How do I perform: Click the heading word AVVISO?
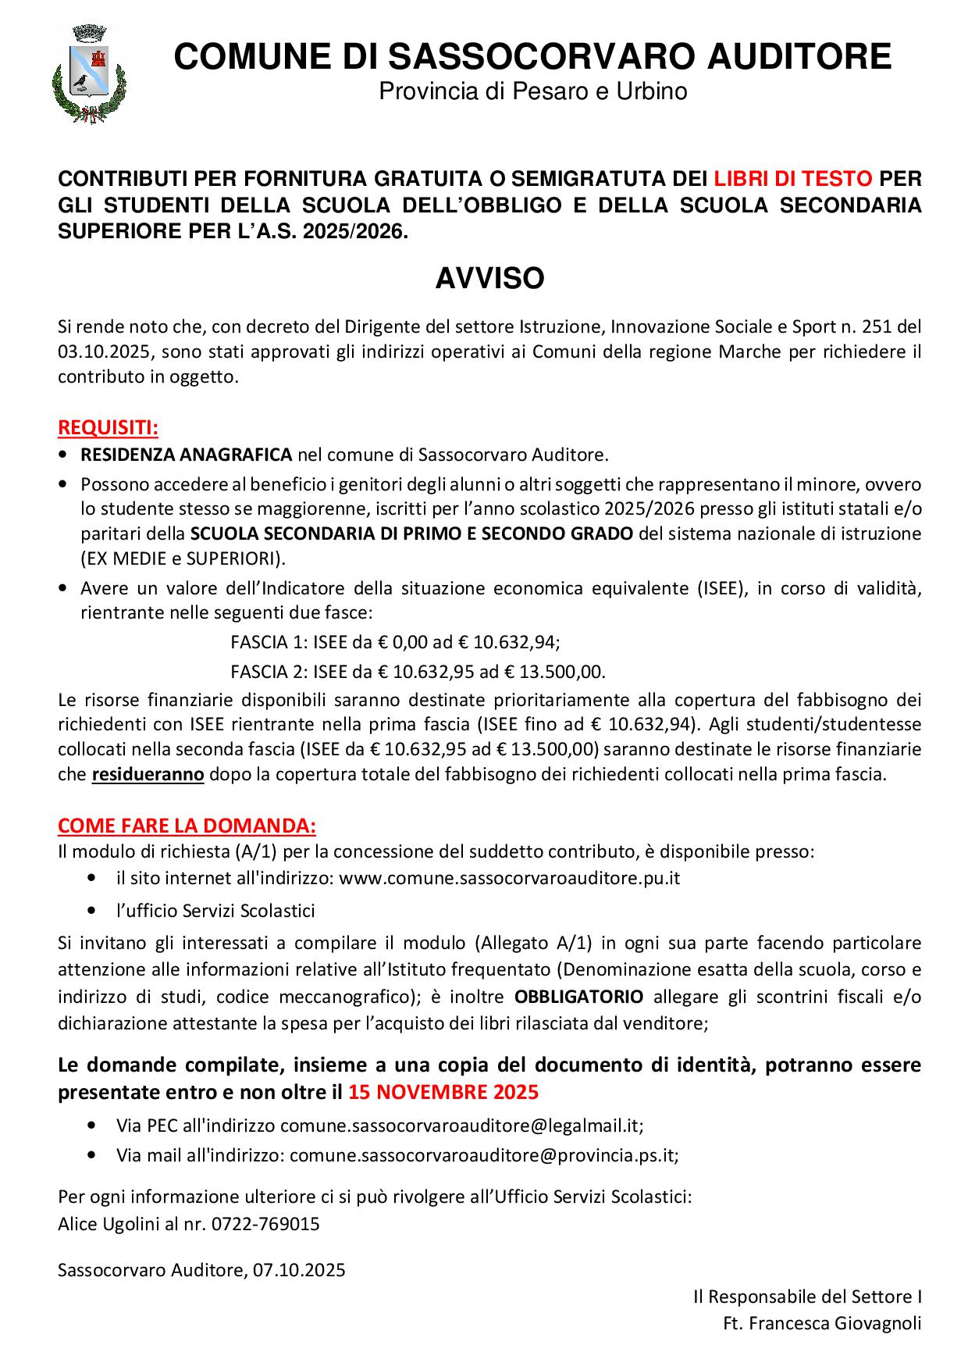pyautogui.click(x=489, y=279)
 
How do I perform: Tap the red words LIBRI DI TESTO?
pyautogui.click(x=792, y=179)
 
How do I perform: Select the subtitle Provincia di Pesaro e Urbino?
pyautogui.click(x=533, y=92)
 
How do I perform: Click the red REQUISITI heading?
pyautogui.click(x=108, y=428)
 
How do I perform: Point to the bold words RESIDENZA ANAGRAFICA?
pyautogui.click(x=187, y=455)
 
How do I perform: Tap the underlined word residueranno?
pyautogui.click(x=148, y=776)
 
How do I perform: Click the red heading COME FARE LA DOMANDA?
pyautogui.click(x=187, y=826)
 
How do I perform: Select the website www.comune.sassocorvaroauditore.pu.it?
pyautogui.click(x=510, y=878)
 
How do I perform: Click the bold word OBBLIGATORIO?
pyautogui.click(x=579, y=997)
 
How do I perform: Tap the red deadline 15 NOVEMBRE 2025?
pyautogui.click(x=443, y=1091)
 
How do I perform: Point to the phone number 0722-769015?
pyautogui.click(x=265, y=1224)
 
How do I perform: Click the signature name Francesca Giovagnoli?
pyautogui.click(x=834, y=1324)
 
